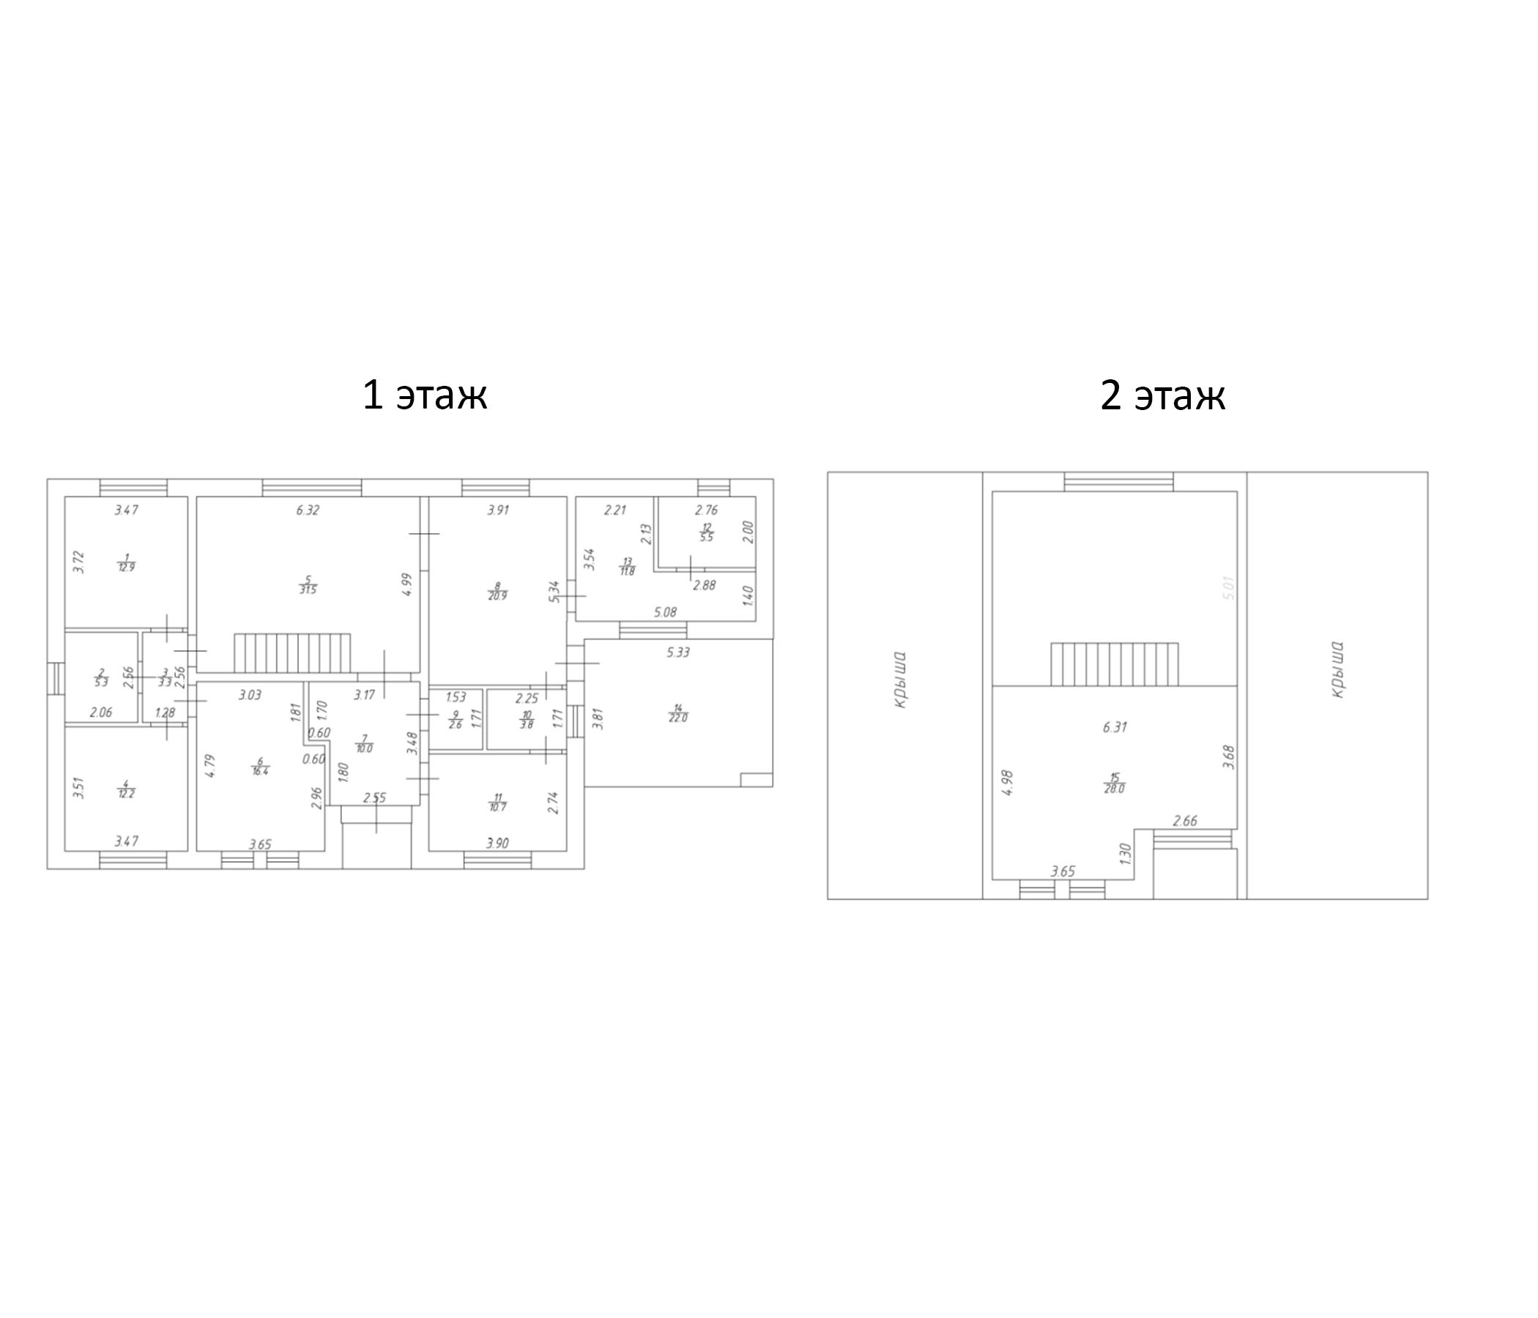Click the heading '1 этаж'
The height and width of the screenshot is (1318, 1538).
pos(424,395)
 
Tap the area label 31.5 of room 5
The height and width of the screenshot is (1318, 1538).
pos(308,590)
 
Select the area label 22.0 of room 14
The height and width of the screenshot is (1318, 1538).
pos(677,718)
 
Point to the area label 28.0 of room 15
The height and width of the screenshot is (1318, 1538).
pos(1113,789)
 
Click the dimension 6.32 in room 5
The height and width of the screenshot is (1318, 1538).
pos(308,510)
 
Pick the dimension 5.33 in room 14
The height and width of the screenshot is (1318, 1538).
pos(677,652)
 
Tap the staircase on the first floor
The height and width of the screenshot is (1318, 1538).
pos(291,653)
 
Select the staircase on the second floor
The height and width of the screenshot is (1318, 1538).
pos(1114,664)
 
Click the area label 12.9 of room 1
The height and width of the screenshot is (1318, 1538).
pos(126,567)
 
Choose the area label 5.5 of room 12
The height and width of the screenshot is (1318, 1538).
pos(706,537)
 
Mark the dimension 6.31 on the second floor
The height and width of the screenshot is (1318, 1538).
pos(1114,727)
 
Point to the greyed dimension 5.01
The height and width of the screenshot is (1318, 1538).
pos(1228,589)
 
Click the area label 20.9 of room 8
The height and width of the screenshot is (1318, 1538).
pos(497,596)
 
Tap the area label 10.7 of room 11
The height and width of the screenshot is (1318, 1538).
pos(497,807)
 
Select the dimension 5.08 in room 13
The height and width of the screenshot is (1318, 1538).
pos(665,612)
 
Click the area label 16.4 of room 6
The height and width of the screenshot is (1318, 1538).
pos(260,772)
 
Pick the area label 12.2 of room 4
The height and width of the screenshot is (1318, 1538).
pos(126,793)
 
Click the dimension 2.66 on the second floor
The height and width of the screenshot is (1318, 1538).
pos(1185,821)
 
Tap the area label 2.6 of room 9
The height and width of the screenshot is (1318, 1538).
pos(455,725)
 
